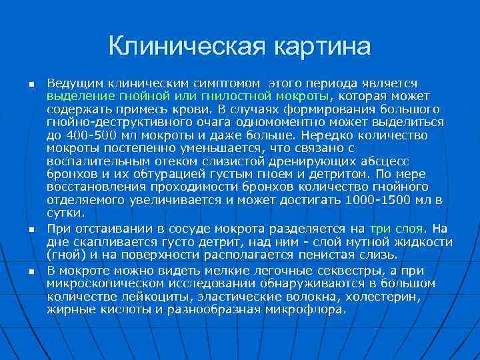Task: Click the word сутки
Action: click(x=65, y=213)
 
